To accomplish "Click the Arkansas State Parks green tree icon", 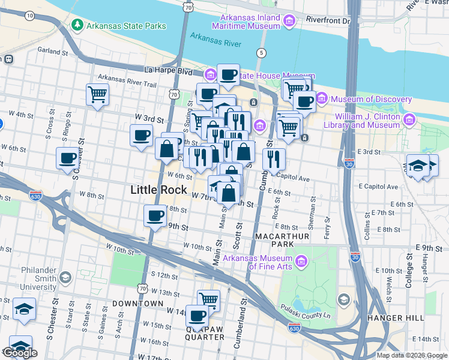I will [x=77, y=25].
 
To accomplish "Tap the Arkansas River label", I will [x=215, y=40].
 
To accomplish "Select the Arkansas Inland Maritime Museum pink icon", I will [x=289, y=22].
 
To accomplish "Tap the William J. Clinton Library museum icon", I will [x=410, y=121].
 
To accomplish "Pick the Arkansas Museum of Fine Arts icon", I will [x=301, y=260].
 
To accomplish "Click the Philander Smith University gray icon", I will [x=65, y=277].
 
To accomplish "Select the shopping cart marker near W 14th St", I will [x=208, y=299].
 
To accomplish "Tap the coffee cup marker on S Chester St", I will [x=67, y=158].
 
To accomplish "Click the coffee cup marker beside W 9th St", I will [x=155, y=215].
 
